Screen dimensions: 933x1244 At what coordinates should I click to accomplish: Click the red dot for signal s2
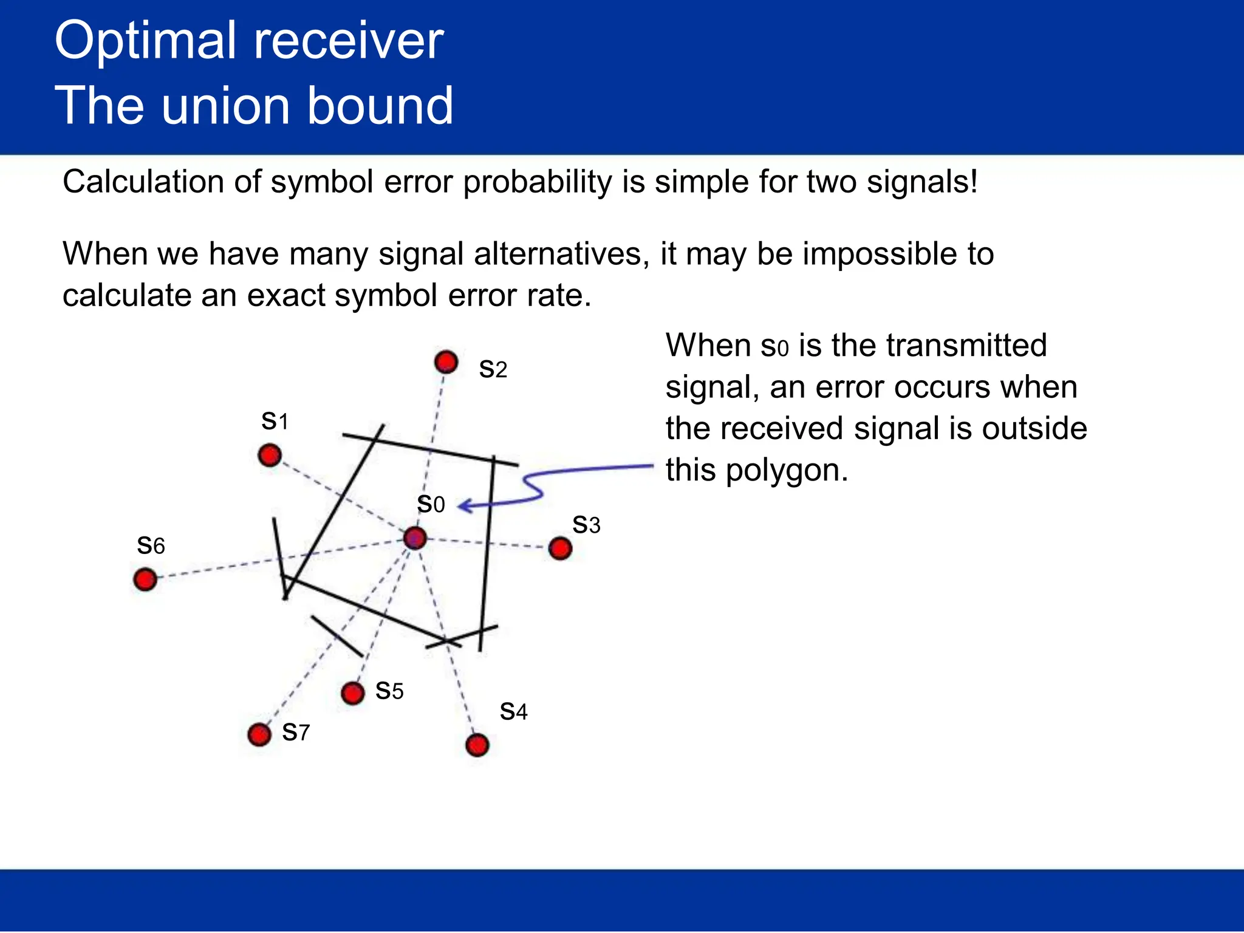tap(446, 362)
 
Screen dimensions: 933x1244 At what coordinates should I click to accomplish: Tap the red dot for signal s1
tap(270, 455)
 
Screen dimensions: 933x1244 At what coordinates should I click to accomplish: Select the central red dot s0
tap(415, 538)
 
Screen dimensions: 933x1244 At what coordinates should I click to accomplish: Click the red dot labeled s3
tap(560, 549)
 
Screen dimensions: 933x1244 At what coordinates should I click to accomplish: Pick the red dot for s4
tap(477, 745)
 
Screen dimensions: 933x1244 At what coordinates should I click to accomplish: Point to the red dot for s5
tap(352, 692)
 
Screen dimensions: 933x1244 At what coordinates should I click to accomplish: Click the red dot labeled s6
tap(145, 579)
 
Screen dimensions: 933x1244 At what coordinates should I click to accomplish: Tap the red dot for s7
tap(259, 734)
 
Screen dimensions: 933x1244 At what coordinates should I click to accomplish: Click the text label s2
tap(493, 369)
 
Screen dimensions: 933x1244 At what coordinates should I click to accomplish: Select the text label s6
tap(151, 545)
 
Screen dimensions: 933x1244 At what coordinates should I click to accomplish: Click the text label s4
tap(513, 711)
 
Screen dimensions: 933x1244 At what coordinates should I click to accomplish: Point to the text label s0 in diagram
tap(431, 504)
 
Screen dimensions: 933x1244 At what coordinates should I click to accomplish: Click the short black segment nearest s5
tap(337, 636)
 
